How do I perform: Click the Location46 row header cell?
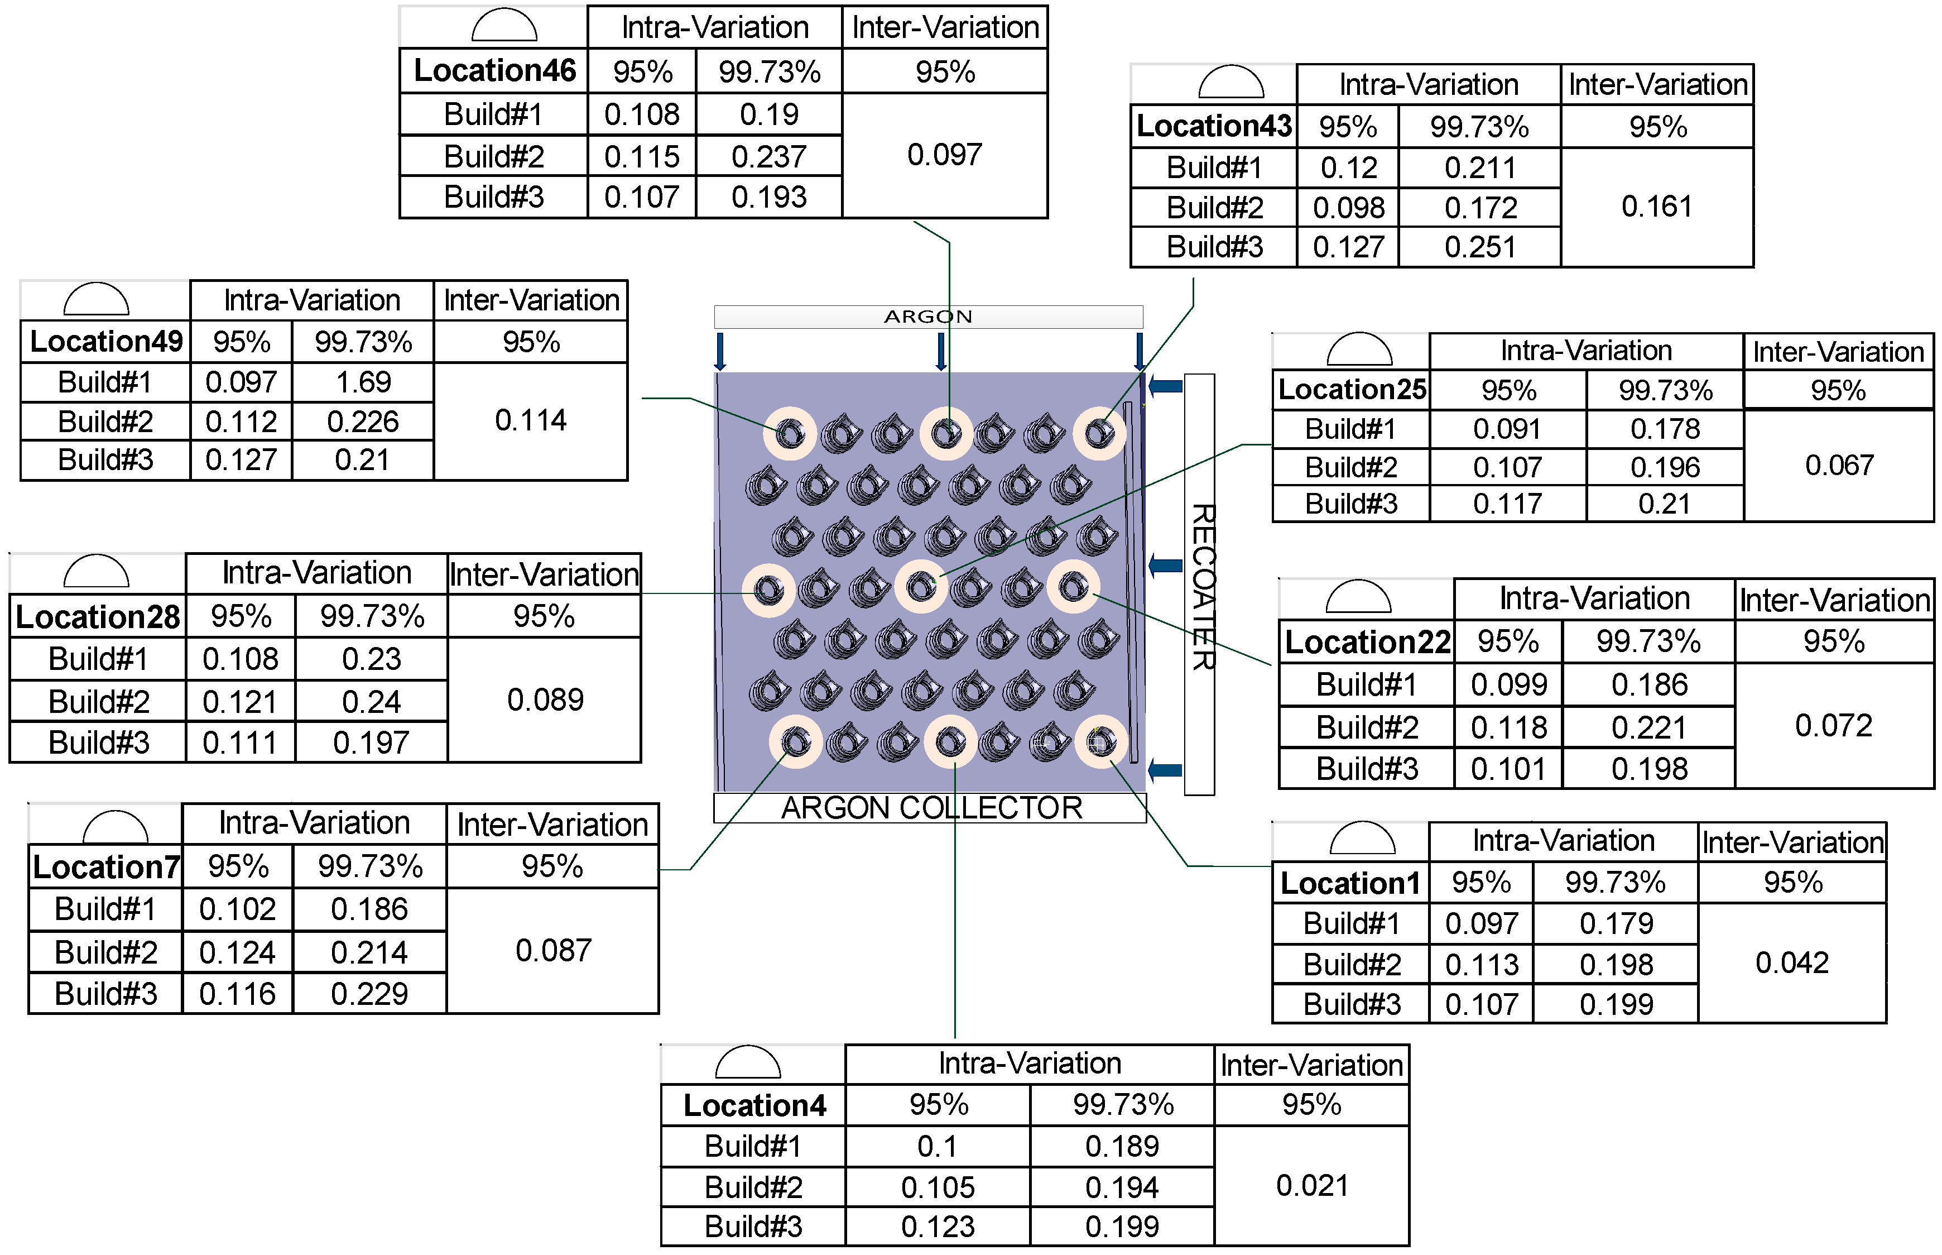point(494,71)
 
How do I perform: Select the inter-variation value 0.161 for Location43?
point(1656,207)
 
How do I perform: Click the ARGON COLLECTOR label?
point(930,808)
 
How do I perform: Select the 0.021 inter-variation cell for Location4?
point(1311,1186)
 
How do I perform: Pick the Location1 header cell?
point(1350,883)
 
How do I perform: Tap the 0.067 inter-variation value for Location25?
point(1839,466)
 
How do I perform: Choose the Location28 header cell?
point(98,617)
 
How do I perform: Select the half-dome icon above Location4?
point(747,1064)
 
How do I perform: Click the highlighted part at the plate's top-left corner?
point(789,433)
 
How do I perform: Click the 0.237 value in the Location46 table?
point(768,156)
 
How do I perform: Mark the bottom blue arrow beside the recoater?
point(1165,769)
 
